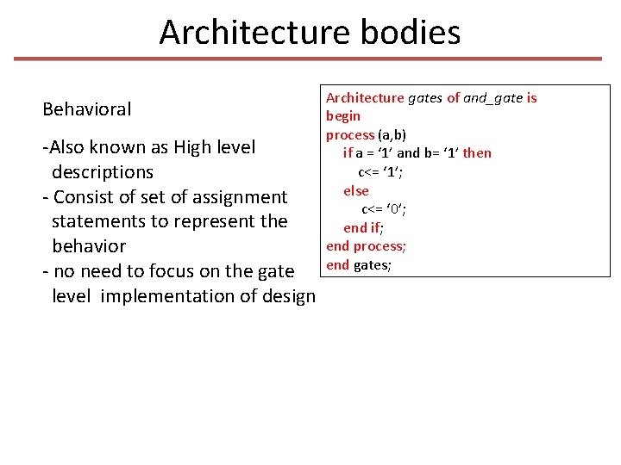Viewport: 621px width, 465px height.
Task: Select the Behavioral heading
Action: (87, 109)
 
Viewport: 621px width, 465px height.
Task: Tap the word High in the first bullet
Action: (196, 147)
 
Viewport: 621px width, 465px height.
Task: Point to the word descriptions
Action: (102, 171)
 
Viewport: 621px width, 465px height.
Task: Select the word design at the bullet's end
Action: (288, 296)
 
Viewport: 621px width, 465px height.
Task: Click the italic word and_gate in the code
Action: (493, 98)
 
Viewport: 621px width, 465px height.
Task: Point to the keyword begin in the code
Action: (343, 116)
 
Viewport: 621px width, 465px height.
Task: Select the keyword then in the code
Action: (477, 153)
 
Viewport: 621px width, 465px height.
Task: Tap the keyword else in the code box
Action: (356, 190)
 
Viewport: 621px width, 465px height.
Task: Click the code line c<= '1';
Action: (380, 172)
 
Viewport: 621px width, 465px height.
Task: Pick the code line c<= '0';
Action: (384, 209)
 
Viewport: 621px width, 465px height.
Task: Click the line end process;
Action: (366, 246)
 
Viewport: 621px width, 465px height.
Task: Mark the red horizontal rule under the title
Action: (308, 59)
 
